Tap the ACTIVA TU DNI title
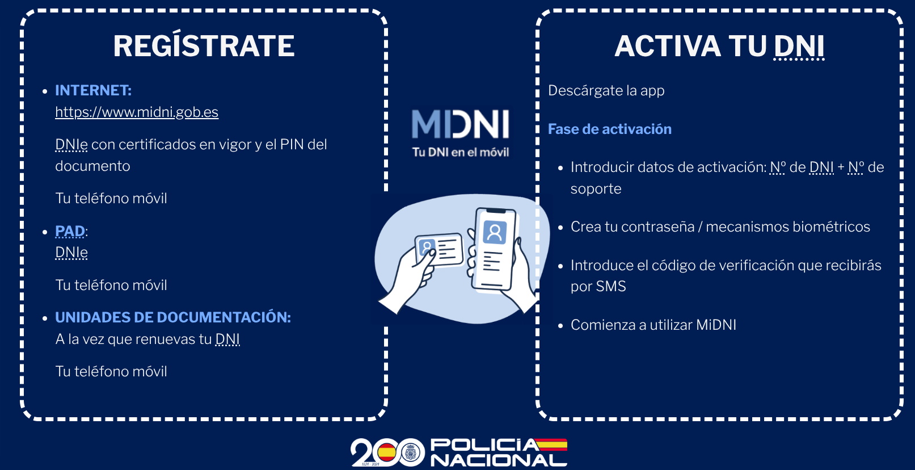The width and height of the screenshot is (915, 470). (719, 46)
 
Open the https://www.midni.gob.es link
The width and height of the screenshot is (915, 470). (137, 112)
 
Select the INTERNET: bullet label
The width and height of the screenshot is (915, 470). (93, 90)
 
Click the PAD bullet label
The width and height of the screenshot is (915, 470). (70, 232)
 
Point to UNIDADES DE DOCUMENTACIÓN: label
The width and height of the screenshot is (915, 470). (173, 317)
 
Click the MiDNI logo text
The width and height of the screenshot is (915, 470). (461, 124)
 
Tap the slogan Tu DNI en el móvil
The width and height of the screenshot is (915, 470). (461, 153)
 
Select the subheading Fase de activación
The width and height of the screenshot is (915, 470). (609, 129)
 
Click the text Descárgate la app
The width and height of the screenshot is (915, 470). (606, 91)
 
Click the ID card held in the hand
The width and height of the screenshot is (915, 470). (439, 249)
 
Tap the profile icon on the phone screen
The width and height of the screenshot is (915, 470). (495, 232)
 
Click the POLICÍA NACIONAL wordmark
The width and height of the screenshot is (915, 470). (499, 452)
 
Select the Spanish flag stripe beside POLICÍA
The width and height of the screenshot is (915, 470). (551, 444)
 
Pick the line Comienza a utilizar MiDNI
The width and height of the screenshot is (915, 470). (653, 325)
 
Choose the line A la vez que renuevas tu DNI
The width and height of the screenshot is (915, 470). (147, 339)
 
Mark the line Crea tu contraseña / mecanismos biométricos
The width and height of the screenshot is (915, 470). (720, 227)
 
